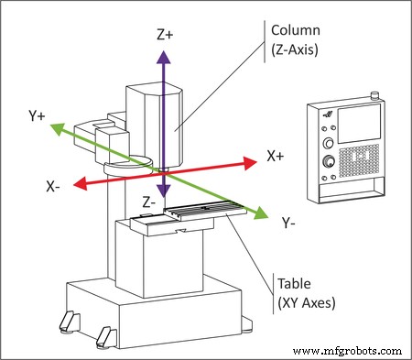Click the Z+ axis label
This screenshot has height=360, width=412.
point(164,35)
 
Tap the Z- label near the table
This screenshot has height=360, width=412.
point(149,201)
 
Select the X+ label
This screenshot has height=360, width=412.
point(276,157)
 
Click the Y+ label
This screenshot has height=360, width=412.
point(38,116)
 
